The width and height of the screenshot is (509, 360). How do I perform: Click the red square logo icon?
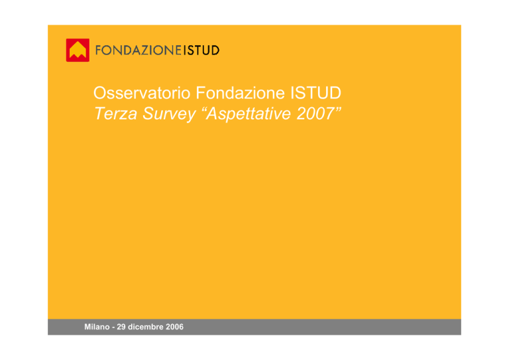pyautogui.click(x=78, y=50)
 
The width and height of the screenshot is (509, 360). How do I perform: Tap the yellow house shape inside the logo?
pyautogui.click(x=78, y=50)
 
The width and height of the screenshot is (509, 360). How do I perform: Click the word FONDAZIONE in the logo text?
pyautogui.click(x=139, y=50)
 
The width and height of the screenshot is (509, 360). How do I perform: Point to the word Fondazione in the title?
pyautogui.click(x=240, y=93)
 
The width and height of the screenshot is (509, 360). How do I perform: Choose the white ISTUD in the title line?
pyautogui.click(x=315, y=93)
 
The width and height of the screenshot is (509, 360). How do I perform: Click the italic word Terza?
pyautogui.click(x=115, y=113)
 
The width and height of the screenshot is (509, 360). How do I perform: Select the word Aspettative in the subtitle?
pyautogui.click(x=249, y=114)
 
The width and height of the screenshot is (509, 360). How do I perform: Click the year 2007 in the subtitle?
pyautogui.click(x=315, y=113)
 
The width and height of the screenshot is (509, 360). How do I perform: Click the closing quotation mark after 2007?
pyautogui.click(x=338, y=109)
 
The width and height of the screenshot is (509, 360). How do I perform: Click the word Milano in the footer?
pyautogui.click(x=97, y=327)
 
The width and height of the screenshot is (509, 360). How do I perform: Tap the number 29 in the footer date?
pyautogui.click(x=121, y=327)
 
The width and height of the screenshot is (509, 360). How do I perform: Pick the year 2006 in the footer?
pyautogui.click(x=175, y=327)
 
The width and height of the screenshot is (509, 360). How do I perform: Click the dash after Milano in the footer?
pyautogui.click(x=113, y=328)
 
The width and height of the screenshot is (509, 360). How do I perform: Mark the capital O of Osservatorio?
pyautogui.click(x=100, y=93)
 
